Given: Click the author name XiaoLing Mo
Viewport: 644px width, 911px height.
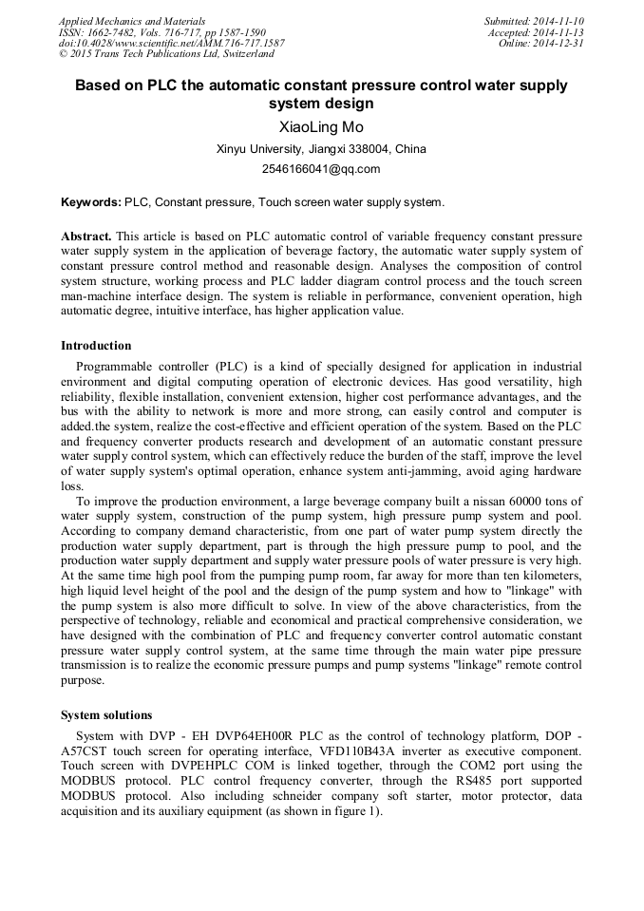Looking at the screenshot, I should [x=321, y=127].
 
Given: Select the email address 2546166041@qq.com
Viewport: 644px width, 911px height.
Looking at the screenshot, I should [x=321, y=169].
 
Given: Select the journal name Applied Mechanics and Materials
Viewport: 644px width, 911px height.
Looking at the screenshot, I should [x=132, y=21].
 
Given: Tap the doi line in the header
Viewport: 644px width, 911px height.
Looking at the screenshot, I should [x=171, y=44].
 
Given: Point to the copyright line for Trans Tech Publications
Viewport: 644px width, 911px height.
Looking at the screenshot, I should [x=166, y=54].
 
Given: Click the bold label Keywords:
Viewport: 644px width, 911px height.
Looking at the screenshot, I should [x=91, y=202].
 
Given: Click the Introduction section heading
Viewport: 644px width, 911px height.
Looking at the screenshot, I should [x=96, y=346].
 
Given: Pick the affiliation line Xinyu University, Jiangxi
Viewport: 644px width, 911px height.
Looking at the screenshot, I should [x=321, y=149].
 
